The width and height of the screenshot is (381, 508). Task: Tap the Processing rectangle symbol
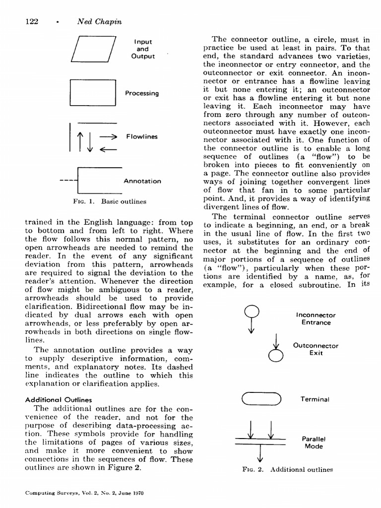(93, 93)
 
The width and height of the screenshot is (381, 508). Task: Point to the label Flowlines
(141, 136)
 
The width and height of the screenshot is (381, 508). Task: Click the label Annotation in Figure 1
(142, 181)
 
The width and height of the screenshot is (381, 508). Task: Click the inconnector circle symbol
(252, 311)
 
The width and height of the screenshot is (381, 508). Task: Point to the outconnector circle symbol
(276, 356)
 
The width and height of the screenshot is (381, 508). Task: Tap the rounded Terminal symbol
(261, 399)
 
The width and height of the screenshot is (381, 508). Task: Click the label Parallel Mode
(313, 442)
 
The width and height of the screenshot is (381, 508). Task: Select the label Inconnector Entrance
(316, 318)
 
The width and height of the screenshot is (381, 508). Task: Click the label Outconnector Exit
(316, 349)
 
